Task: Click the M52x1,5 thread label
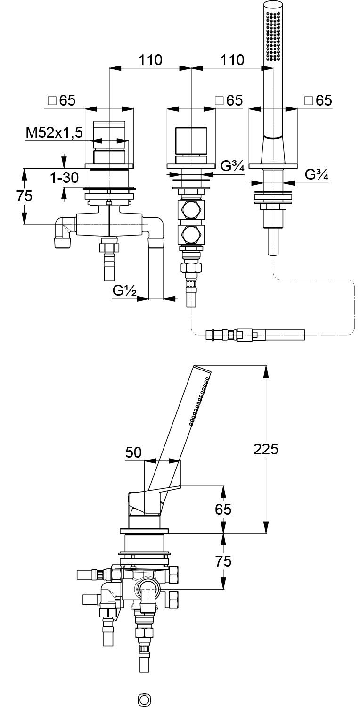[x=54, y=133]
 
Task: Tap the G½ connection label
[x=124, y=291]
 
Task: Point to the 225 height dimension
[x=266, y=449]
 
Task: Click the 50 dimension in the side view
[x=133, y=452]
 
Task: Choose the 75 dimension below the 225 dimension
[x=223, y=561]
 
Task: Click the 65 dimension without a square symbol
[x=223, y=509]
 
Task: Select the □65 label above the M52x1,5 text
[x=62, y=100]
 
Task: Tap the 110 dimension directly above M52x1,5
[x=150, y=60]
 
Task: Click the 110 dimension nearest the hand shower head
[x=232, y=60]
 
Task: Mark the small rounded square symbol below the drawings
[x=143, y=698]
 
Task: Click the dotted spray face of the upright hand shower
[x=273, y=35]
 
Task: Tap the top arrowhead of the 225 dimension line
[x=266, y=370]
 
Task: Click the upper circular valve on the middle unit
[x=191, y=209]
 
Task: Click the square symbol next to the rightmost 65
[x=309, y=100]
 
